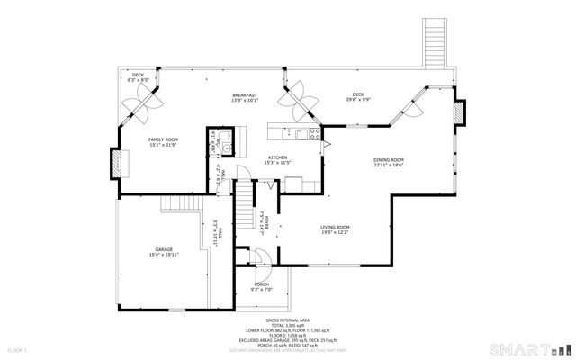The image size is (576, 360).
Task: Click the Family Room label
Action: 164,139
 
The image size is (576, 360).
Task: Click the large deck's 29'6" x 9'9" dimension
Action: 358,99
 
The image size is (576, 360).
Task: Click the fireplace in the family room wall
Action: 117,164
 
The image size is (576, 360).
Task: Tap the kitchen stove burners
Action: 313,135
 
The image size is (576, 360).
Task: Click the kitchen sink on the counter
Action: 293,135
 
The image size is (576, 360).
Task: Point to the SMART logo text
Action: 513,347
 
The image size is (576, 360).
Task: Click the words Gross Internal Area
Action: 288,320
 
